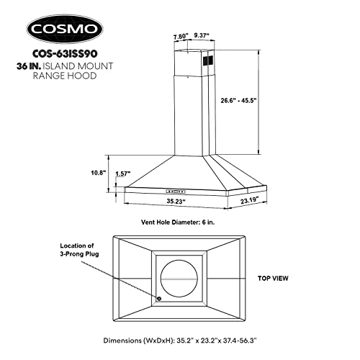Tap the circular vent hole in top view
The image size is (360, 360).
click(x=179, y=277)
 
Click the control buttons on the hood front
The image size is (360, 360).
click(x=176, y=191)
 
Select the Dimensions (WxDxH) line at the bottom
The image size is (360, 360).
click(x=179, y=338)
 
